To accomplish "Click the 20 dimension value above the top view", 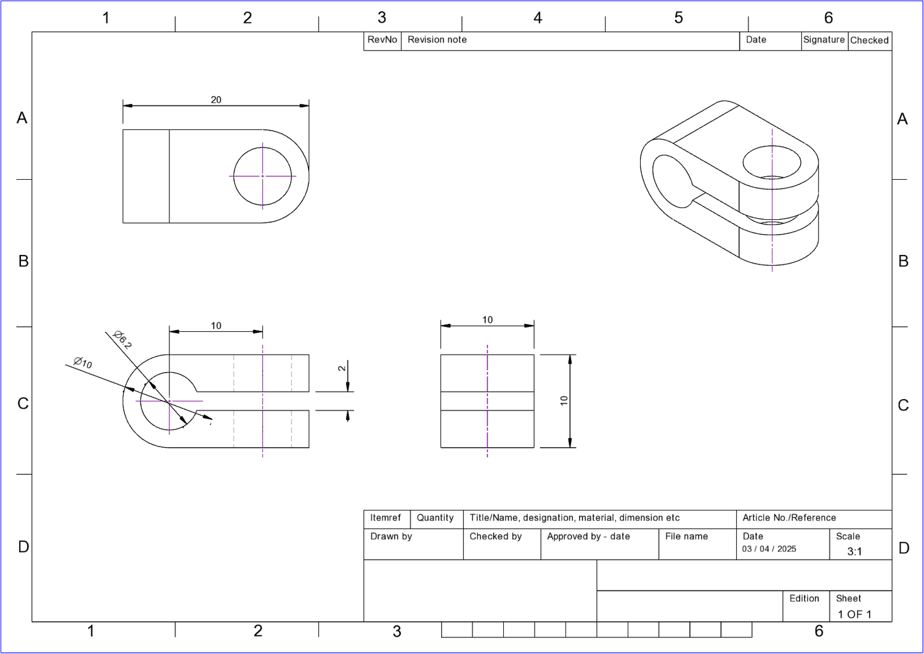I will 216,100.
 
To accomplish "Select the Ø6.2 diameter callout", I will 122,339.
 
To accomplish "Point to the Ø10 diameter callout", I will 83,363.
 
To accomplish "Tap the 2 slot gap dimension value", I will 342,368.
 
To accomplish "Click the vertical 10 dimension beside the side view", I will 564,401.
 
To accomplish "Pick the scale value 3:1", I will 854,552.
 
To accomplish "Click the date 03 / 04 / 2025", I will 769,549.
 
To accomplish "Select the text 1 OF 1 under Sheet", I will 854,615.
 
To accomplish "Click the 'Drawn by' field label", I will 391,536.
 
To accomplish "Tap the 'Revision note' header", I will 437,40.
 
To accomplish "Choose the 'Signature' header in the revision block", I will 824,40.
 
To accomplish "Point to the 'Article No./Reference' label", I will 789,518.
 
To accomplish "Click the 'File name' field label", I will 686,536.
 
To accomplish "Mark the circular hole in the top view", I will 263,176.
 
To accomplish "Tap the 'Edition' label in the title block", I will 804,599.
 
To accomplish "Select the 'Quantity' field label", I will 435,518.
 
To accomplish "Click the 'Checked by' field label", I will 495,536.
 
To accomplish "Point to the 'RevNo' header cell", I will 382,40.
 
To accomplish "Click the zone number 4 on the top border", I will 538,18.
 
